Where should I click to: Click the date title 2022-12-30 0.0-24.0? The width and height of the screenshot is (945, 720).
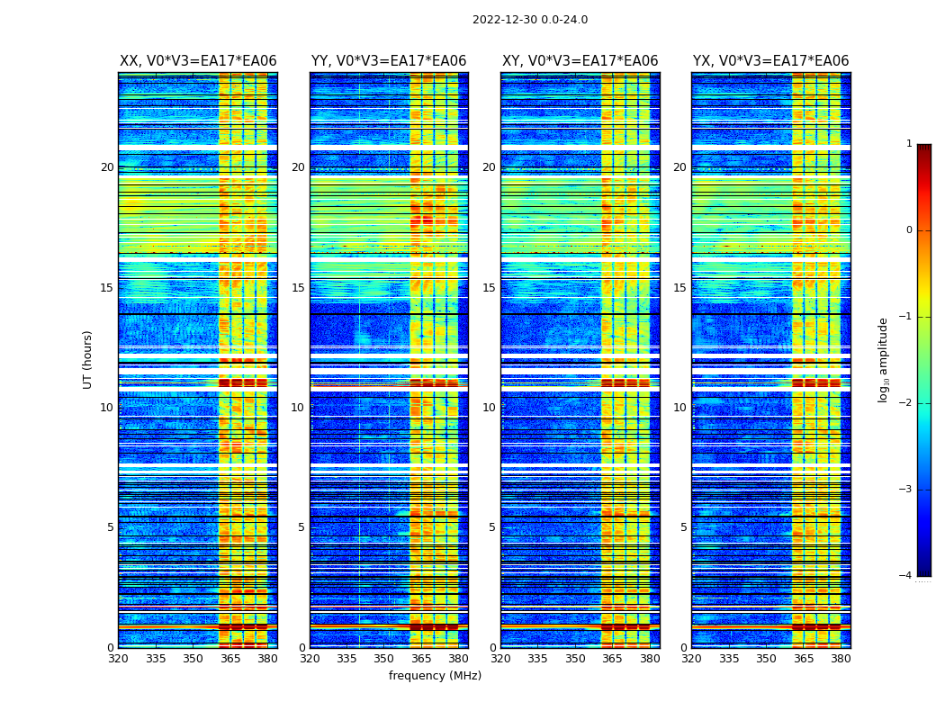tap(529, 20)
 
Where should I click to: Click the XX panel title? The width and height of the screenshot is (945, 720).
tap(198, 61)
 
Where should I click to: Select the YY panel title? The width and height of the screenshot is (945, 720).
tap(389, 61)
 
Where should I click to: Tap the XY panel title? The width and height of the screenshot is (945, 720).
tap(580, 61)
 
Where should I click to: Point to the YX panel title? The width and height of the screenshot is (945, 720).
tap(770, 61)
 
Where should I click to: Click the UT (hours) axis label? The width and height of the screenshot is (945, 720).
tap(88, 359)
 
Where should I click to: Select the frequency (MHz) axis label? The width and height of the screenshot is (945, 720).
tap(435, 676)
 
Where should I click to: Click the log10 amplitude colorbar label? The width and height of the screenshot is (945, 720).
tap(884, 359)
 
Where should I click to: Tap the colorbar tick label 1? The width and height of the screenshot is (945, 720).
tap(909, 144)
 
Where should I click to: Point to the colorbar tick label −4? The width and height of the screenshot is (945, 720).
tap(906, 576)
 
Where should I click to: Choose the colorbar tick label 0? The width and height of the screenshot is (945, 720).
tap(909, 230)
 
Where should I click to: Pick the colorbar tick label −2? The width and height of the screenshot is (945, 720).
tap(906, 403)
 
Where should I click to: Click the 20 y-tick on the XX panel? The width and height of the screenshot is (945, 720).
tap(107, 167)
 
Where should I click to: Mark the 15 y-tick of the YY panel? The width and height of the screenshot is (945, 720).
tap(298, 288)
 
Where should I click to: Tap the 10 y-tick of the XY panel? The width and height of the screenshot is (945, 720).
tap(489, 408)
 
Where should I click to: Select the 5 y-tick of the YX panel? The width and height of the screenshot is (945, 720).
tap(684, 527)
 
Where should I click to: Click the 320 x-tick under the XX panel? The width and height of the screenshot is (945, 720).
tap(118, 659)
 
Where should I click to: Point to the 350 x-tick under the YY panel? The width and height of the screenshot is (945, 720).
tap(384, 659)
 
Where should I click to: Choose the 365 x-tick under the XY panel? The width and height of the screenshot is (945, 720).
tap(613, 659)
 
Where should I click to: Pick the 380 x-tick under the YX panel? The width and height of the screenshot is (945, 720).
tap(841, 659)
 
